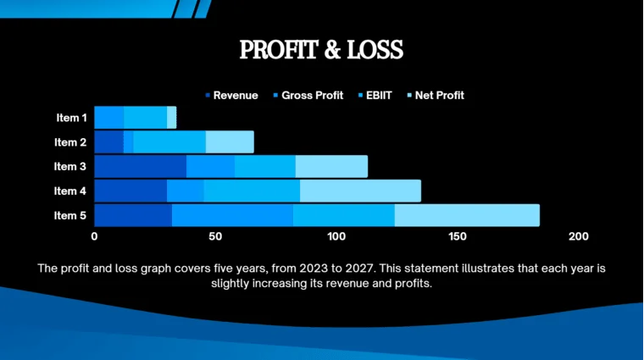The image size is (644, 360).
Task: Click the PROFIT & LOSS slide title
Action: [321, 50]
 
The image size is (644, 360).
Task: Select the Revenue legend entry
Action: [235, 95]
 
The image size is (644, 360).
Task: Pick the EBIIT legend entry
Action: [379, 95]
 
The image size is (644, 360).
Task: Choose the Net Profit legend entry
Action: [438, 95]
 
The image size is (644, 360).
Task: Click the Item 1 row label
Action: [70, 118]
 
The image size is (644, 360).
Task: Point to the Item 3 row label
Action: [70, 166]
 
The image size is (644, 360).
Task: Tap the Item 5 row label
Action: [70, 215]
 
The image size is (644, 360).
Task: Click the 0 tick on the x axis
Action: [94, 236]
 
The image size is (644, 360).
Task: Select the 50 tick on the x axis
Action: [215, 236]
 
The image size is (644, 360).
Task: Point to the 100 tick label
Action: [336, 236]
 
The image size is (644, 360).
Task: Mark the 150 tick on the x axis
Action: [458, 236]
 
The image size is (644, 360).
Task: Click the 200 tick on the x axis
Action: [579, 236]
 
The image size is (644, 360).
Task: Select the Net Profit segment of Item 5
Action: [467, 215]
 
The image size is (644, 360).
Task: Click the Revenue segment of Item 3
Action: [140, 166]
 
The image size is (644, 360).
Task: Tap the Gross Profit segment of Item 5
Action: [232, 215]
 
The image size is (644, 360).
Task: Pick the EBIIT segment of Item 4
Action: [252, 191]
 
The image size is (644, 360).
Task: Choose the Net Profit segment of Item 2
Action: [230, 141]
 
